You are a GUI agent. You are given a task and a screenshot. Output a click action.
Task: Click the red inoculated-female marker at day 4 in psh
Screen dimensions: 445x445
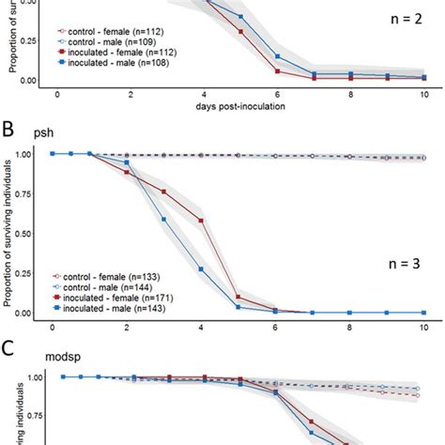click(201, 221)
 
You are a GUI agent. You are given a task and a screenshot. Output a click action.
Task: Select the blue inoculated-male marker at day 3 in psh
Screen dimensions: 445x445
click(163, 220)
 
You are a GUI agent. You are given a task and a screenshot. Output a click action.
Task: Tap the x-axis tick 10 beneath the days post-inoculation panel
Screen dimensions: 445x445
click(422, 95)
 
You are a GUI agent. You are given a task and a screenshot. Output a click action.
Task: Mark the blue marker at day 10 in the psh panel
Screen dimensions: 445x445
click(422, 313)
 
